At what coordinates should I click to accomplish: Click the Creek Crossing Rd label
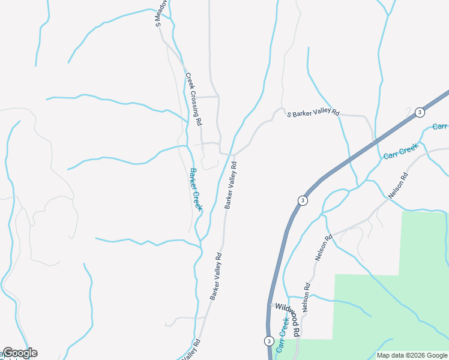193,99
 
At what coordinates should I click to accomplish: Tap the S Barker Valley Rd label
313,113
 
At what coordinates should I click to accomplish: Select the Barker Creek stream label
196,189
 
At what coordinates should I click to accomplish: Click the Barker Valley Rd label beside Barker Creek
231,185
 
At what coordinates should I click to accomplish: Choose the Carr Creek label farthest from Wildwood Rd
400,151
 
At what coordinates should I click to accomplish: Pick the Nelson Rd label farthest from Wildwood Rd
398,185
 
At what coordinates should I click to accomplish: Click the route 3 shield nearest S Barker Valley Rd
420,112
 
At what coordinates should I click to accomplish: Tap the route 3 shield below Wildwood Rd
268,341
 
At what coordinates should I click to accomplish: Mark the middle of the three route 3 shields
303,200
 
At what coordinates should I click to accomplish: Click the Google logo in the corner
20,353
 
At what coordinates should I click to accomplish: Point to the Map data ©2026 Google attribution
412,355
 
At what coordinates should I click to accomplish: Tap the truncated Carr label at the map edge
441,127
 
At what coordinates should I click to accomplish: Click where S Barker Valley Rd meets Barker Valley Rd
233,154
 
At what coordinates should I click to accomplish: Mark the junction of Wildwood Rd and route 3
270,305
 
